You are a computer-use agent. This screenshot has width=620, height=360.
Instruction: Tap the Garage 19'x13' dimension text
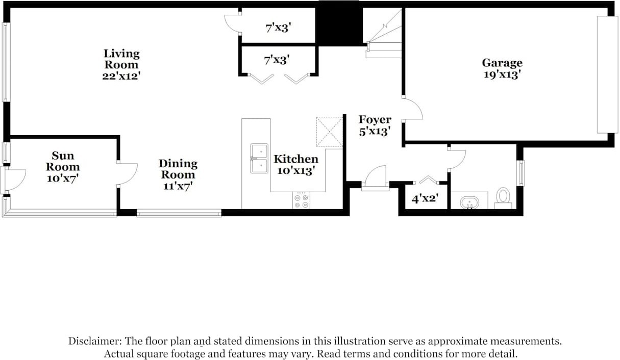[502, 74]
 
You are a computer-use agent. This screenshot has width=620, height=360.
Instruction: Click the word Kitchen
[296, 159]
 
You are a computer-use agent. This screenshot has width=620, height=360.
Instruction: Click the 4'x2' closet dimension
[425, 198]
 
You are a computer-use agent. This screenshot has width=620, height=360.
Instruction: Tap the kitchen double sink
[259, 159]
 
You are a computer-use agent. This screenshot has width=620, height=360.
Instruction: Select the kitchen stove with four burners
[301, 200]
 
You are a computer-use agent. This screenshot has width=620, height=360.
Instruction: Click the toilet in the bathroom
[503, 198]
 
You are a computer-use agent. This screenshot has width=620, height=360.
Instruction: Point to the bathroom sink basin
[469, 202]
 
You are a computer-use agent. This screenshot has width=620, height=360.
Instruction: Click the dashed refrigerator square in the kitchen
[329, 132]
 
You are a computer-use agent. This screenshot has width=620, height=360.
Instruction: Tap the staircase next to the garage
[384, 33]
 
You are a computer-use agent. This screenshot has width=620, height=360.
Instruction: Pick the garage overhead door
[607, 74]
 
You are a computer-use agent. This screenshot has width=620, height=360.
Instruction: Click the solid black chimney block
[339, 23]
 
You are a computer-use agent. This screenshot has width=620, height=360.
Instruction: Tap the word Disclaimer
[95, 341]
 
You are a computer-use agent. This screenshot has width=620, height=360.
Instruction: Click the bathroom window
[520, 173]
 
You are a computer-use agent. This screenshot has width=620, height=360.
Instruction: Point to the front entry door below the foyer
[376, 178]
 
